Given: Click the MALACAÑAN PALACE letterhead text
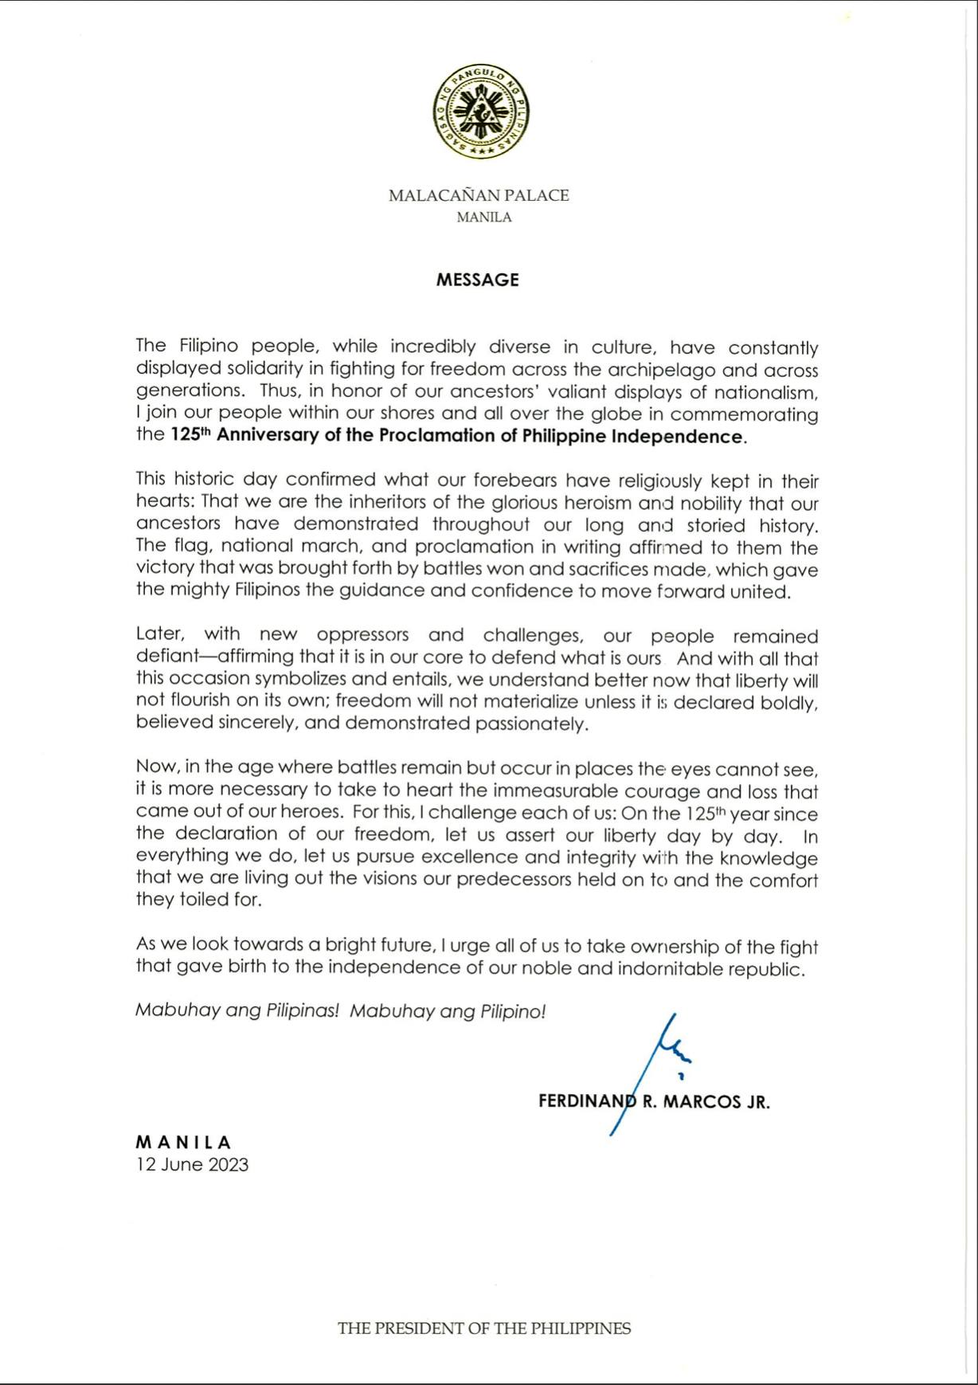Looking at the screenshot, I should pyautogui.click(x=479, y=195).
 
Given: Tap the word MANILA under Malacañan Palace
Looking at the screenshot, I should pyautogui.click(x=483, y=217).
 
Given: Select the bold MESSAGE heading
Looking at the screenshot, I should pyautogui.click(x=477, y=280).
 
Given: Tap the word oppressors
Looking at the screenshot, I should pyautogui.click(x=362, y=635).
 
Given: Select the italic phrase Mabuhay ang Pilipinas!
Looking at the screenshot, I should pyautogui.click(x=237, y=1011).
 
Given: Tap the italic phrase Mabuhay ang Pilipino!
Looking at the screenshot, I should pyautogui.click(x=448, y=1011).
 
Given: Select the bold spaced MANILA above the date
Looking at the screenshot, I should pyautogui.click(x=183, y=1143).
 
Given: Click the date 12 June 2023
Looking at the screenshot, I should pyautogui.click(x=192, y=1164).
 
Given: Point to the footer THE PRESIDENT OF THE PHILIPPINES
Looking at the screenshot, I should pyautogui.click(x=483, y=1328).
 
